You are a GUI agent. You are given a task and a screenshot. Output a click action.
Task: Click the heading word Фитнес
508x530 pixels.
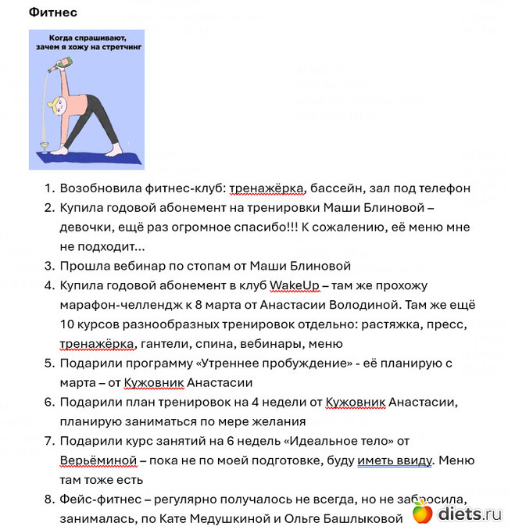53,13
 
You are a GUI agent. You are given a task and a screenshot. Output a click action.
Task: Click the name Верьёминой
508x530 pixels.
99,460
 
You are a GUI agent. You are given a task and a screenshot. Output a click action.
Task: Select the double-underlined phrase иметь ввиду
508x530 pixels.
395,460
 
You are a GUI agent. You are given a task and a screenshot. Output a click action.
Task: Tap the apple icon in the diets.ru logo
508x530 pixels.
423,514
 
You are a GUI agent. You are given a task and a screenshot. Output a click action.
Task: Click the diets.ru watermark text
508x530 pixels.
469,514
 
